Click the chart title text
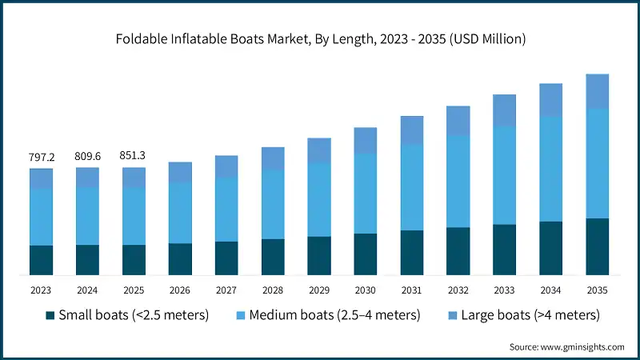pos(320,38)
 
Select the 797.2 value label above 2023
pos(41,157)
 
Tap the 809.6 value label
pos(87,157)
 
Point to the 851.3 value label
pos(134,157)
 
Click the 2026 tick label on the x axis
pos(180,290)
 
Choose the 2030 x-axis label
pos(366,290)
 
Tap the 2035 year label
pos(598,290)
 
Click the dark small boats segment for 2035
pos(598,246)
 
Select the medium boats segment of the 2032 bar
pos(458,182)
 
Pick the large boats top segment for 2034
pos(551,100)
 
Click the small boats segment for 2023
pos(41,260)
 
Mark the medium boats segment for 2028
pos(273,205)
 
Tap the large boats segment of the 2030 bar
pos(366,141)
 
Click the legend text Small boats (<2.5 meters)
pos(134,315)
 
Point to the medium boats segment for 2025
pos(134,216)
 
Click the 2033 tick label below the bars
pos(505,290)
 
